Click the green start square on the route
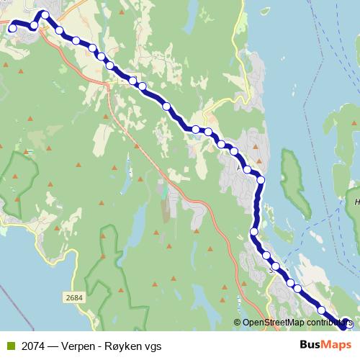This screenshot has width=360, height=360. (12, 29)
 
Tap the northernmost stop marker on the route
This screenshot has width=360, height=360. (45, 14)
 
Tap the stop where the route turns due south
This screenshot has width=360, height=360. (261, 180)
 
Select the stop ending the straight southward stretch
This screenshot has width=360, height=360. (254, 231)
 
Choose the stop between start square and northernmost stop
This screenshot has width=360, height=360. (34, 26)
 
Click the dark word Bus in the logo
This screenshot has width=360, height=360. (309, 345)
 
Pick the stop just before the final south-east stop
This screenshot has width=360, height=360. (322, 310)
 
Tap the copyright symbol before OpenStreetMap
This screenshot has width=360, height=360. (237, 323)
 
